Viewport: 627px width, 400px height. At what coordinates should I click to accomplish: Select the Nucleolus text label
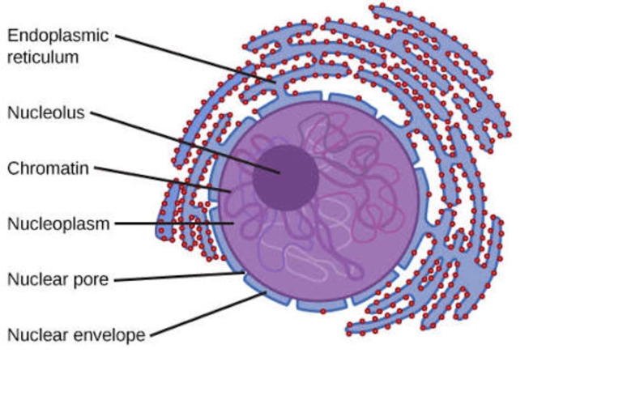coord(46,113)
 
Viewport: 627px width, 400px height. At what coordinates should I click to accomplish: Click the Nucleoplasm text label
coord(58,223)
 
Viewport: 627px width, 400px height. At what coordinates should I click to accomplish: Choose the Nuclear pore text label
coord(58,279)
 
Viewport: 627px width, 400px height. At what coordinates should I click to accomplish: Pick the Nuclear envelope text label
coord(76,334)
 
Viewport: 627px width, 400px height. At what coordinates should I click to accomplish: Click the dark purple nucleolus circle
coord(285,178)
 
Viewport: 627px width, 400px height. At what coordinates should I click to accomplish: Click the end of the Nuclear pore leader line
coord(244,274)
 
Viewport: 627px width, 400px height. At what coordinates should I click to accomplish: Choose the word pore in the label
coord(92,279)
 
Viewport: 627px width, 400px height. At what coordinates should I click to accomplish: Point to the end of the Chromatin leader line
coord(232,191)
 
